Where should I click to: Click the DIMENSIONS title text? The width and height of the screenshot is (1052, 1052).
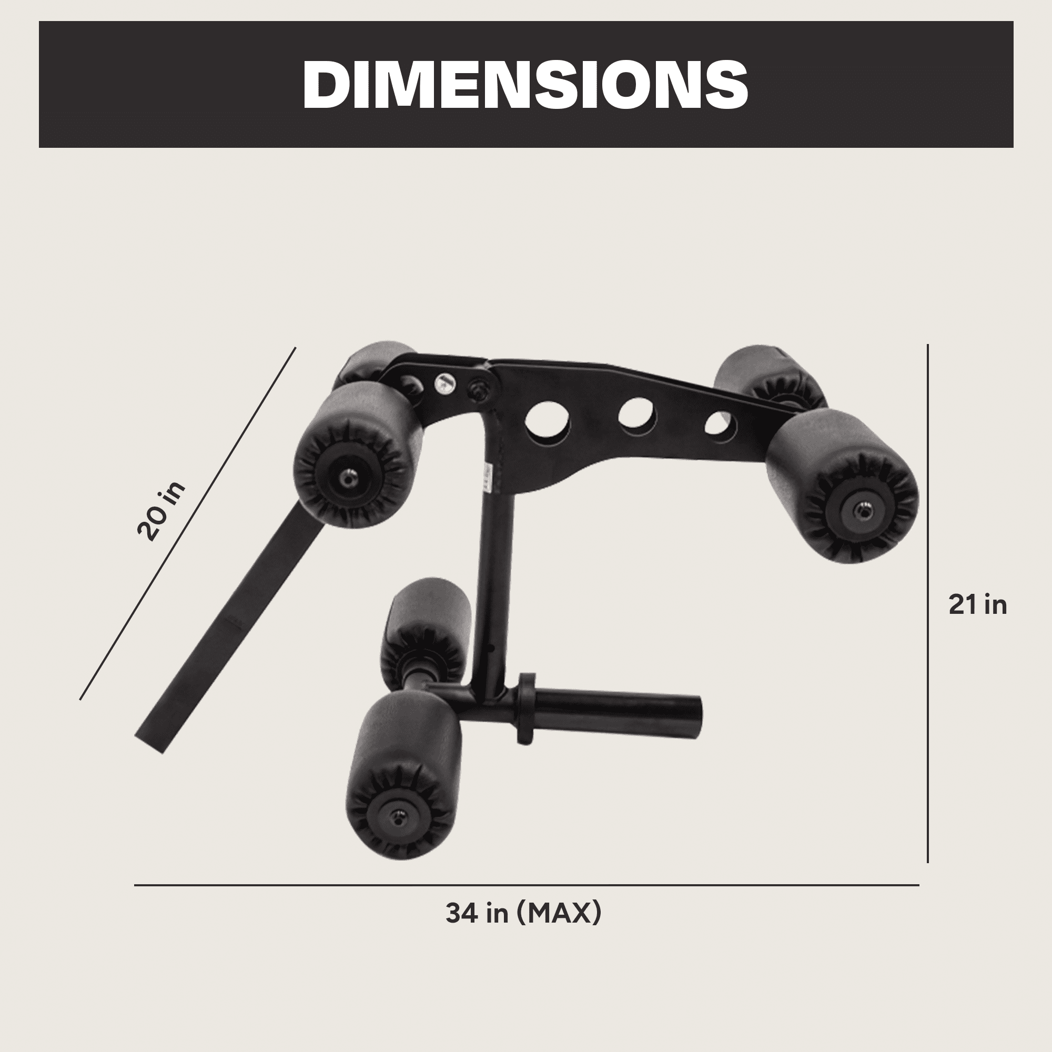coord(525,85)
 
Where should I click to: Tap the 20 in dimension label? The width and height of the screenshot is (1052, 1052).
coord(160,511)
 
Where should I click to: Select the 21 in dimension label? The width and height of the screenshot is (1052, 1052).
coord(978,605)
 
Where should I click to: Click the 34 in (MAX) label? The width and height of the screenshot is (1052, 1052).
coord(523,913)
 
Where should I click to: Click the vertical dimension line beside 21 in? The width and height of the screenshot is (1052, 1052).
coord(928,603)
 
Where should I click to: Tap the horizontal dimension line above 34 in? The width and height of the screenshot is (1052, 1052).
coord(527,885)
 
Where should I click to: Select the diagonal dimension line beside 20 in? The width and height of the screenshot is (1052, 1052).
coord(187,523)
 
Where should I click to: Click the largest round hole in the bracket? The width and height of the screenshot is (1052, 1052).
coord(548,420)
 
